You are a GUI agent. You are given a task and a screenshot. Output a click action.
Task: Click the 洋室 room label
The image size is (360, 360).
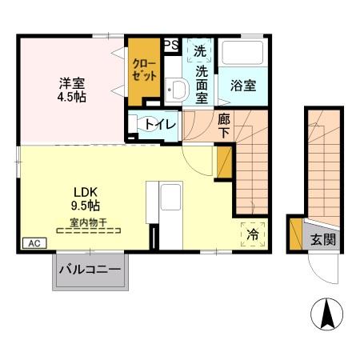coord(71,82)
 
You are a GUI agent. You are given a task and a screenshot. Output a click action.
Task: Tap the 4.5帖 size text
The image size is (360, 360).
coord(71,97)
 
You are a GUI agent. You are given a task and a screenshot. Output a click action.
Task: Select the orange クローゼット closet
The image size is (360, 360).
coord(144,70)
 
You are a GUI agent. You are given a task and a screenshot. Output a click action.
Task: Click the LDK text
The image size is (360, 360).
coord(86,192)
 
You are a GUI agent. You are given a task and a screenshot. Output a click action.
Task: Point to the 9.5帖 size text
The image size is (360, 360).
coord(86,207)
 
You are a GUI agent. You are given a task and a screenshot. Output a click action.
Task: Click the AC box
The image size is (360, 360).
coord(33,243)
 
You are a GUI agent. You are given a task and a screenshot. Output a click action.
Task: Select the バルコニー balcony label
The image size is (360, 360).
coord(90,269)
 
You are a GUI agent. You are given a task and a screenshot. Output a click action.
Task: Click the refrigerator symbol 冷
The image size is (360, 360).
coord(253,234)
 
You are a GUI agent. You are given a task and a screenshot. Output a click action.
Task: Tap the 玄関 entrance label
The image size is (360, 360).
coord(323,238)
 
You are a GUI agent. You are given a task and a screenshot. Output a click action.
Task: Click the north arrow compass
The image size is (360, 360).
coord(328,313)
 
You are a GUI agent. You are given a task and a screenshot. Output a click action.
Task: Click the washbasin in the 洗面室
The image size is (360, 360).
coord(176,90)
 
